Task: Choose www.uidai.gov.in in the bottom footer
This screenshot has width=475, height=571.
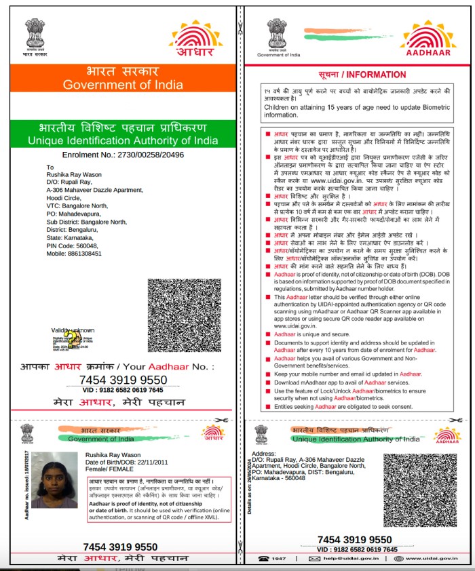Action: [x=434, y=558]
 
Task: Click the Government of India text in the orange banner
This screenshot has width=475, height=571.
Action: [x=123, y=85]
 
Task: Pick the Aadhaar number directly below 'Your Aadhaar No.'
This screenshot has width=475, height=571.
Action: [x=123, y=379]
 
